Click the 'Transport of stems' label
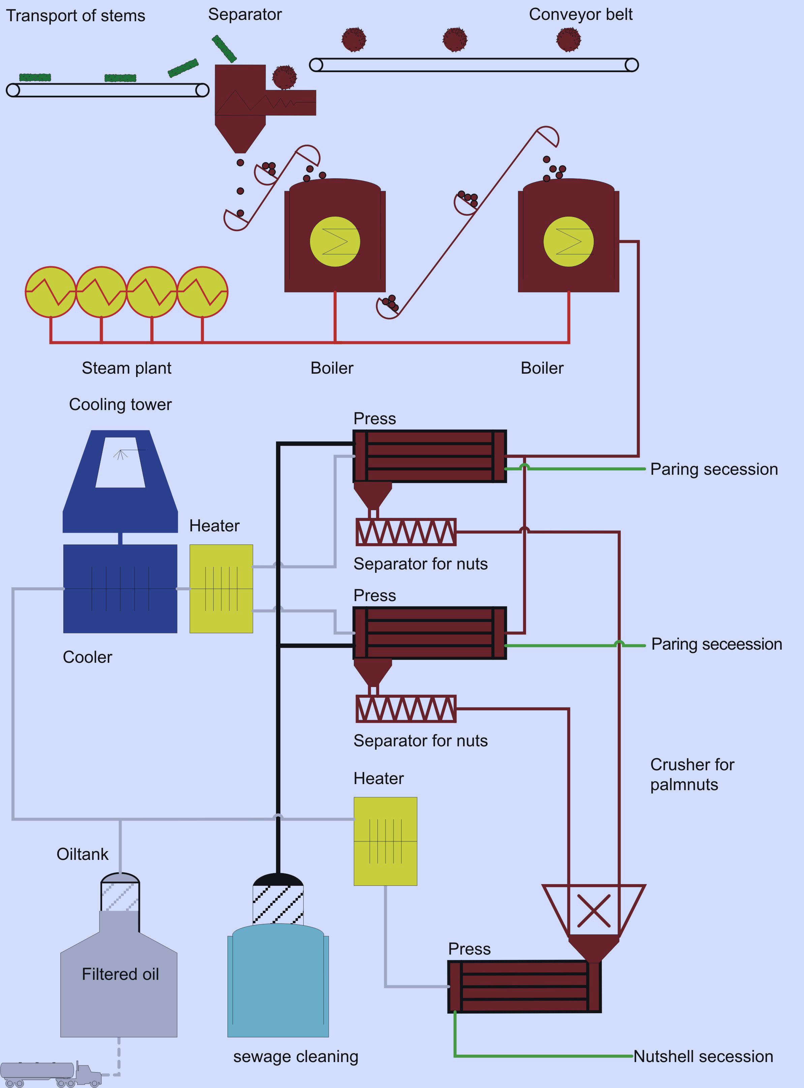[75, 15]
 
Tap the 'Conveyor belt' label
[580, 14]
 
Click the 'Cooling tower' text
[120, 404]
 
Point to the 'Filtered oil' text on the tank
[120, 974]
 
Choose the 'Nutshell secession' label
[703, 1056]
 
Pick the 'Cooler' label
[87, 657]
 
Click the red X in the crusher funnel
[593, 910]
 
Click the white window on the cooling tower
[120, 462]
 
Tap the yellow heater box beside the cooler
[221, 588]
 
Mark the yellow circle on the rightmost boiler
[568, 241]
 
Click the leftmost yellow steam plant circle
[51, 292]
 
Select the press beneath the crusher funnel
[524, 986]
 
